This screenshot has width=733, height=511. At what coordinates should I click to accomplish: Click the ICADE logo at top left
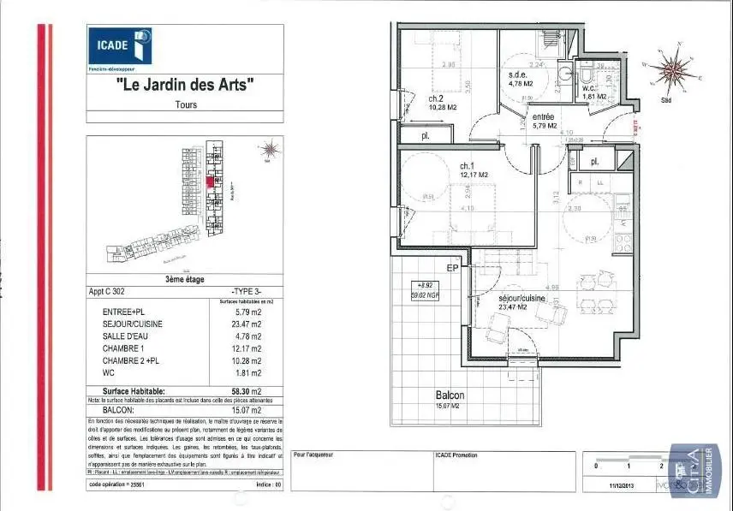[x=120, y=46]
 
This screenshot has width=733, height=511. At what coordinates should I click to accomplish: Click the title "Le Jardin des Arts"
[x=185, y=85]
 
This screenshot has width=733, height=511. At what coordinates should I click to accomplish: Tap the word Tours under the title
[x=185, y=105]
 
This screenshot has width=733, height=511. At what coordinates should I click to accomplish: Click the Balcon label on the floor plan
[x=450, y=395]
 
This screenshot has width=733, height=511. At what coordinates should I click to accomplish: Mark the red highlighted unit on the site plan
[x=210, y=181]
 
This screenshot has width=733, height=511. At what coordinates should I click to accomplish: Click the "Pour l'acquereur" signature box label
[x=314, y=455]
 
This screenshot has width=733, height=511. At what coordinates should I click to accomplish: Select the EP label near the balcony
[x=453, y=269]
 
